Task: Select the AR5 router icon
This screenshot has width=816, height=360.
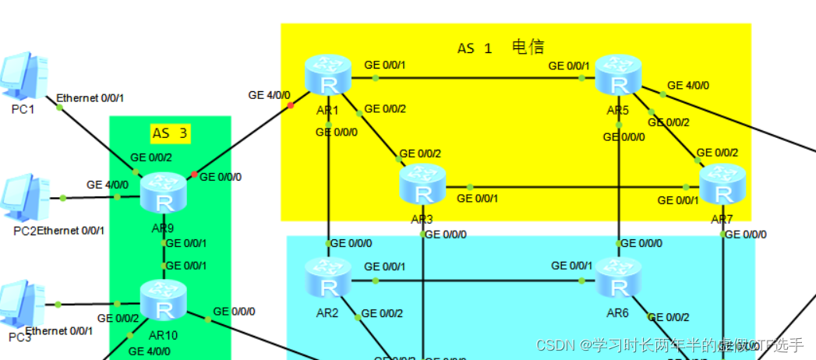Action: tap(618, 75)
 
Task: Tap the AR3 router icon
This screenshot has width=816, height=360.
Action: tap(422, 185)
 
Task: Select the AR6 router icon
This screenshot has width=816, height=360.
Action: tap(618, 279)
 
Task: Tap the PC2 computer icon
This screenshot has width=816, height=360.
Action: tap(22, 196)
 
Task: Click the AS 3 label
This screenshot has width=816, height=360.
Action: tap(171, 133)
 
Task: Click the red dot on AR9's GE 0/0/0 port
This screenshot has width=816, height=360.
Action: tap(194, 174)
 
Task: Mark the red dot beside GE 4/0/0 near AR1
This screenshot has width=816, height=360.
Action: tap(290, 105)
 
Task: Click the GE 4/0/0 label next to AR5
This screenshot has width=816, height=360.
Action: tap(687, 85)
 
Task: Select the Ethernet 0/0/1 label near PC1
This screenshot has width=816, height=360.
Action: tap(90, 98)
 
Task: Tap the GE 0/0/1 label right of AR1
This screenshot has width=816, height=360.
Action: tap(385, 65)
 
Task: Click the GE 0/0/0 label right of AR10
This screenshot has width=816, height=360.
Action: tap(234, 311)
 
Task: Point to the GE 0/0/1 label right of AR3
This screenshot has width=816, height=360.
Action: tap(477, 199)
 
